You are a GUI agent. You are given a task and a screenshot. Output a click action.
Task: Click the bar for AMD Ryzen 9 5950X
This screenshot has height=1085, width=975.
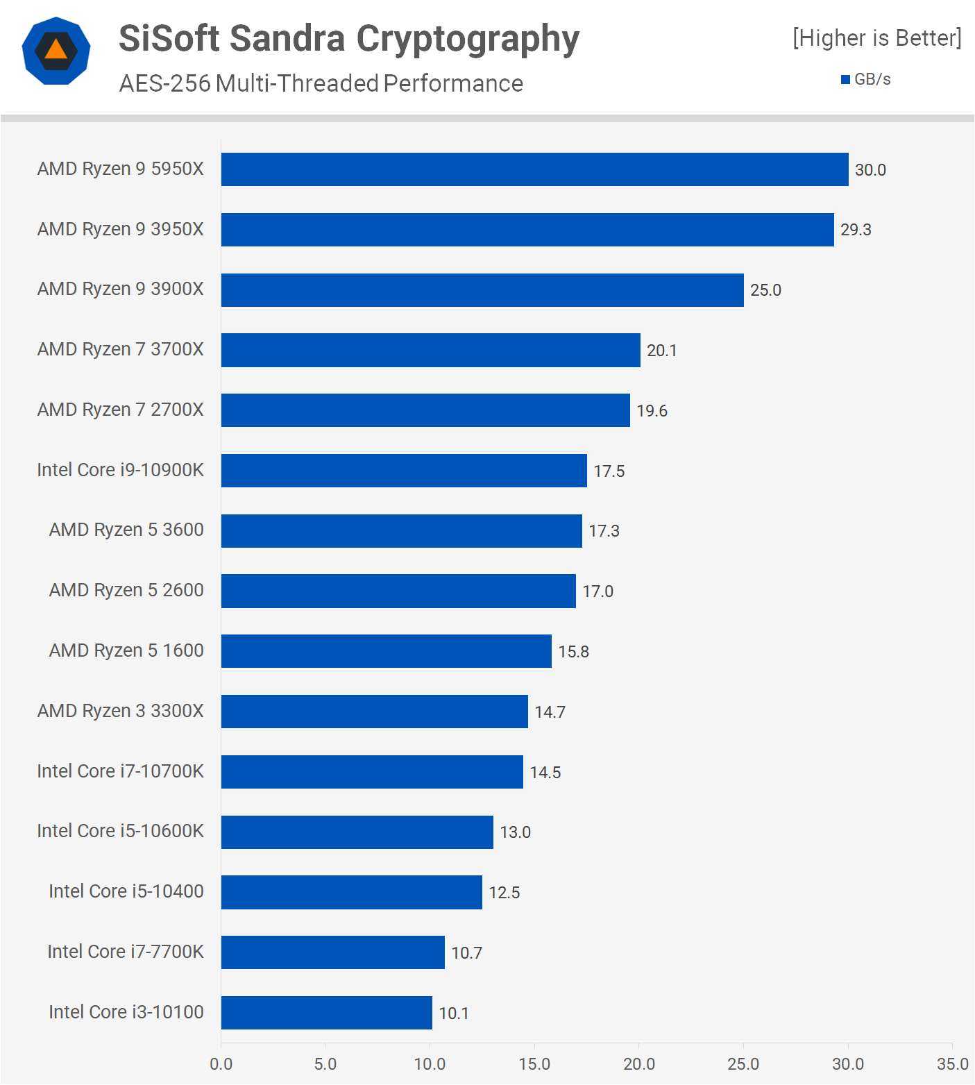click(534, 169)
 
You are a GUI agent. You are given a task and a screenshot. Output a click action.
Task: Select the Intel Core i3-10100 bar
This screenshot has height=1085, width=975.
click(326, 1013)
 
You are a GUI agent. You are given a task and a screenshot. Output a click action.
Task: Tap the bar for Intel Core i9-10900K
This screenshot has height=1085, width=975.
click(404, 471)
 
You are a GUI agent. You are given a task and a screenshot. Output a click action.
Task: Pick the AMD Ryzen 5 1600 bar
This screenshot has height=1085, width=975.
click(386, 651)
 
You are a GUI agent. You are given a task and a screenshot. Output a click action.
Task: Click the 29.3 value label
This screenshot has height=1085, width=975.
click(856, 230)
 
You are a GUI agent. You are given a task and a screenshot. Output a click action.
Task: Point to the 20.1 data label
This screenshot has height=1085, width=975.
click(661, 351)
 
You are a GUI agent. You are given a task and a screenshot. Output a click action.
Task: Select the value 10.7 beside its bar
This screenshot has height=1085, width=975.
click(466, 953)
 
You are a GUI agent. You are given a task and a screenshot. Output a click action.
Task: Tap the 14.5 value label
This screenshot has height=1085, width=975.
click(545, 773)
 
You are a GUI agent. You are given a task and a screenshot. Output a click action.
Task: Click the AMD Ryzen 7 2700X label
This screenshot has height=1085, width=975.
click(121, 410)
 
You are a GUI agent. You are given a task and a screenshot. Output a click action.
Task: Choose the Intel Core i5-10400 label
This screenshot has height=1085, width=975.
click(126, 891)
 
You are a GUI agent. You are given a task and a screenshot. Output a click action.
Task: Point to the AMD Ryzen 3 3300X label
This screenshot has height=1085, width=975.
click(121, 711)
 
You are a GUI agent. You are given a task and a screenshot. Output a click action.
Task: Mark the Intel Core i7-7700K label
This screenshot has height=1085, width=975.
click(126, 952)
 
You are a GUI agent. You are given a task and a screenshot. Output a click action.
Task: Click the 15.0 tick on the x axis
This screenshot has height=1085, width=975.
click(534, 1064)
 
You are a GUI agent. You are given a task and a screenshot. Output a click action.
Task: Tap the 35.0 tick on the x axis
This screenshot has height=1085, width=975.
click(952, 1064)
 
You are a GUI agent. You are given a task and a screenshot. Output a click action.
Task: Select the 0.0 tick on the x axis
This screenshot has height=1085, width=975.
click(221, 1064)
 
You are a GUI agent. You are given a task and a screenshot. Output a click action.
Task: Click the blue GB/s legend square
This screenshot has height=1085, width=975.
click(845, 80)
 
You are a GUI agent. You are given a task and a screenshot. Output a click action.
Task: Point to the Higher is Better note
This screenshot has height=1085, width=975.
click(877, 38)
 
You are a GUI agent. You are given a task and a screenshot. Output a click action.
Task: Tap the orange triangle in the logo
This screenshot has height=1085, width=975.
click(56, 49)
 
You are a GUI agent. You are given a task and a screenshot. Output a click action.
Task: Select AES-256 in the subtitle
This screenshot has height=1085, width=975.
click(164, 83)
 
